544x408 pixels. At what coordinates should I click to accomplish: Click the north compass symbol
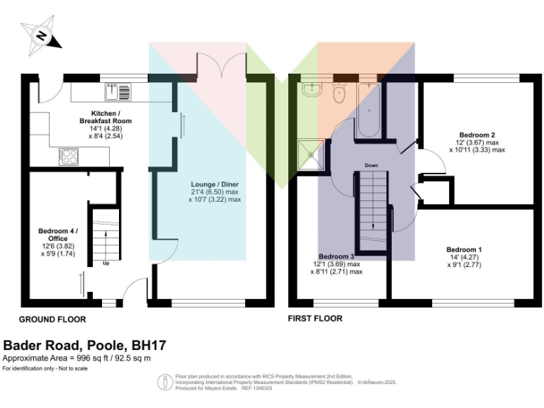[41, 35]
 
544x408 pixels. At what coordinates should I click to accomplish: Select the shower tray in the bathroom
[310, 153]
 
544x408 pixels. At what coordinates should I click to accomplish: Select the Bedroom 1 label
[464, 249]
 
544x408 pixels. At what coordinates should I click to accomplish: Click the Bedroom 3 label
[336, 256]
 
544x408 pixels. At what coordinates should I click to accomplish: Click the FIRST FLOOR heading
[315, 319]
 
